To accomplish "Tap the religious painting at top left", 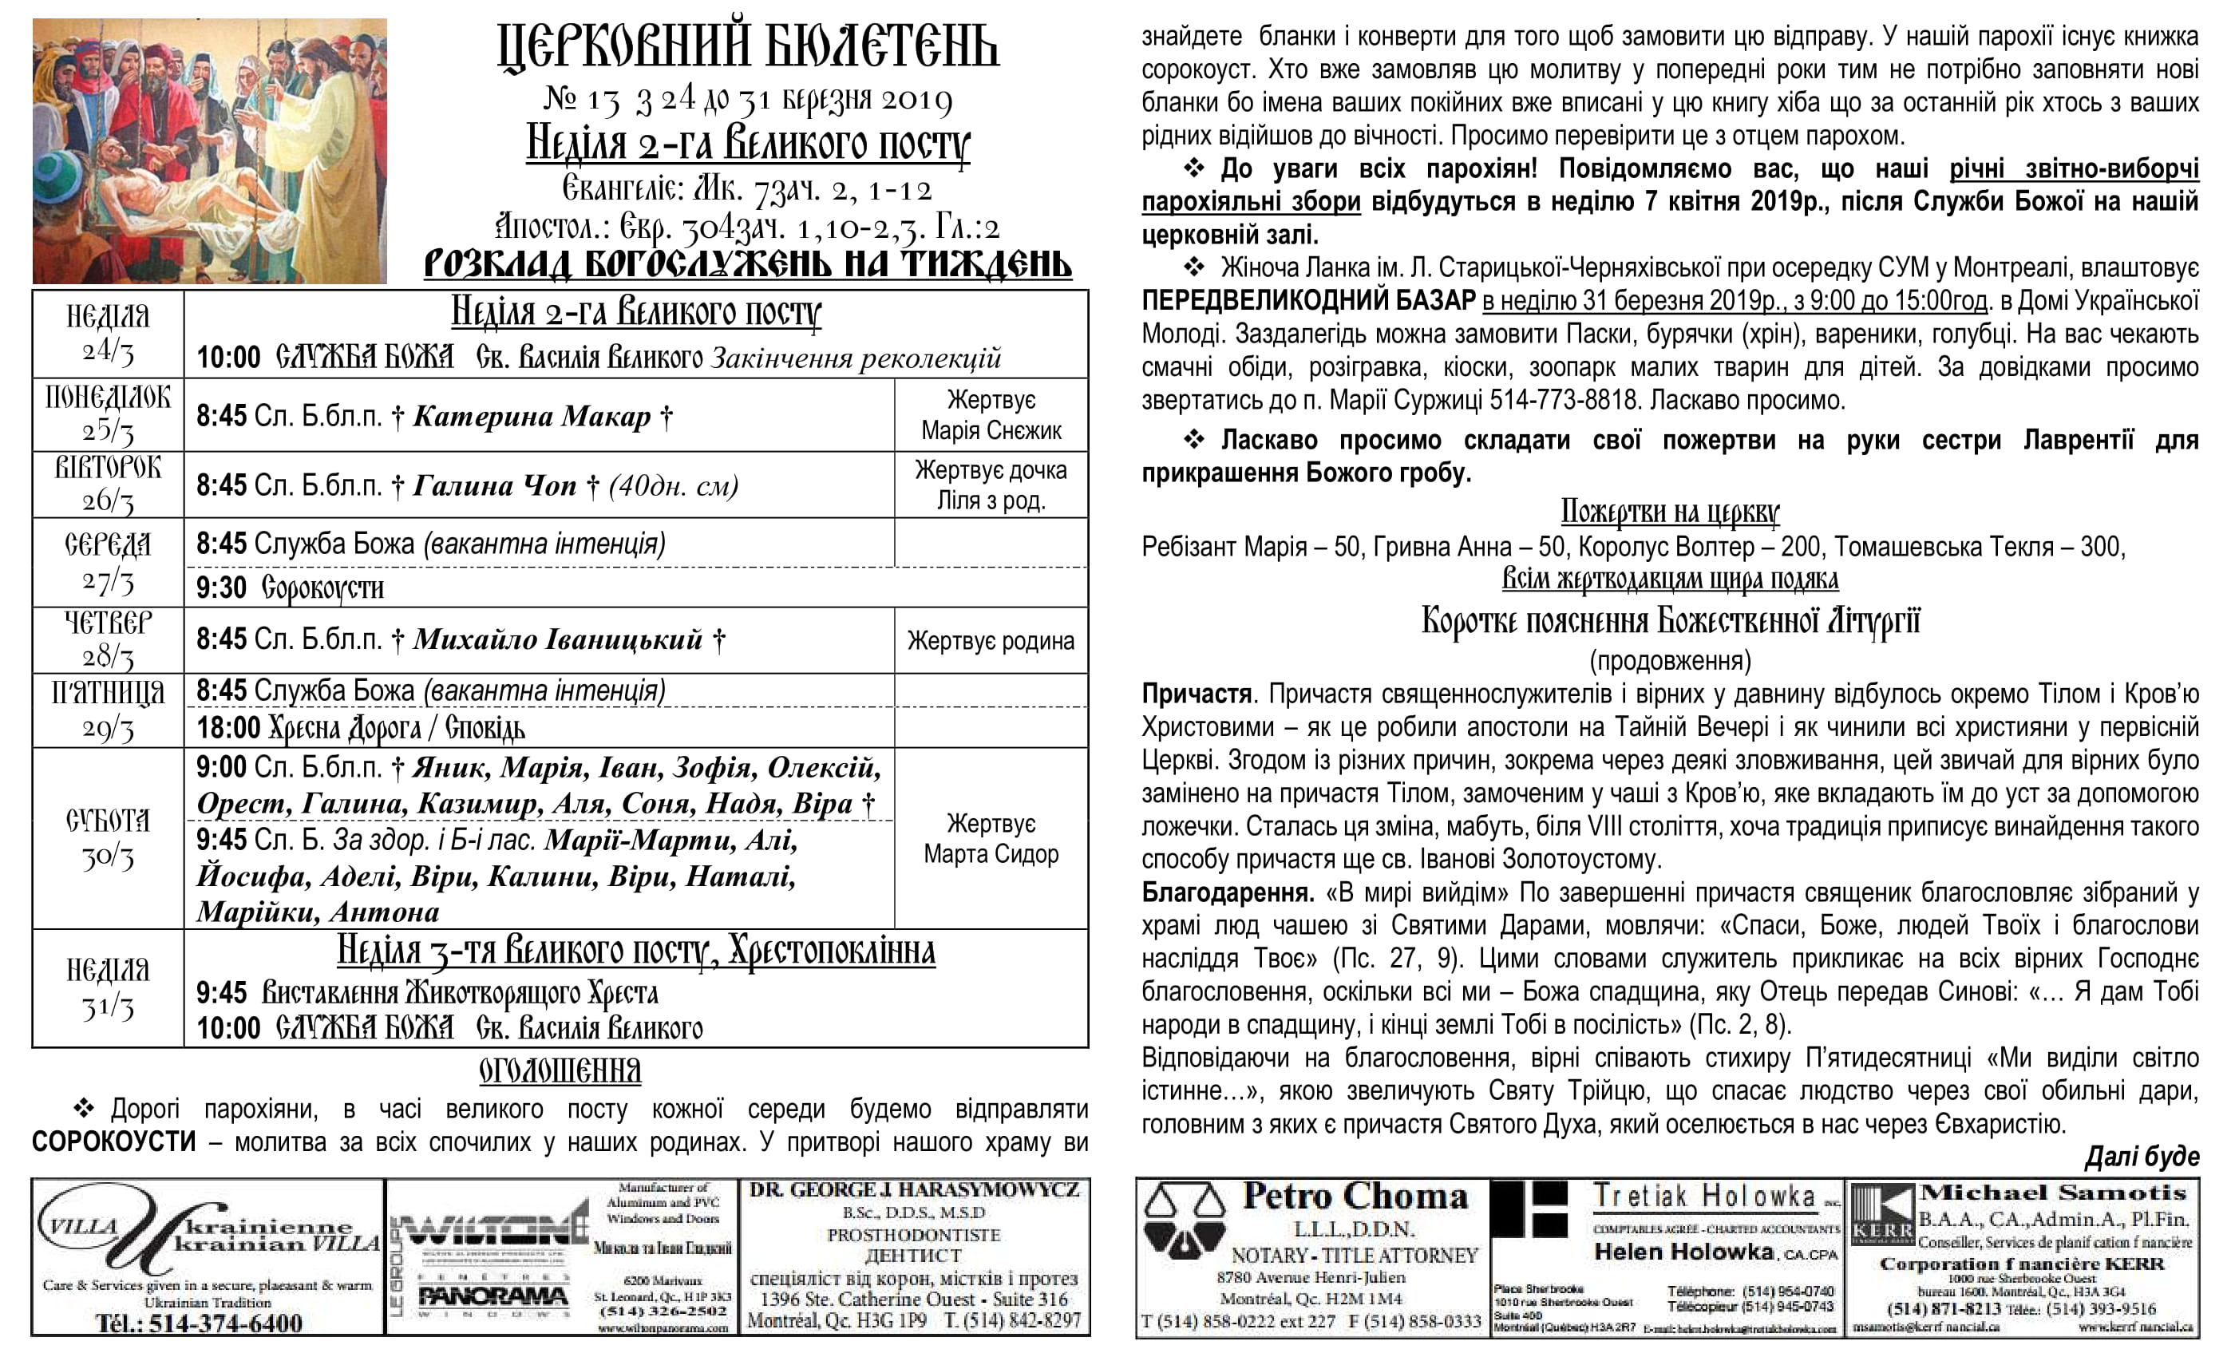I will point(209,151).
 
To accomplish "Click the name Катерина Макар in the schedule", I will point(532,417).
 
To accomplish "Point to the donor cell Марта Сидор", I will point(991,854).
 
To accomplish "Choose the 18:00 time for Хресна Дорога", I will point(228,727).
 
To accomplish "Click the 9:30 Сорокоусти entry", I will point(291,588).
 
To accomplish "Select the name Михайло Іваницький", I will point(558,639).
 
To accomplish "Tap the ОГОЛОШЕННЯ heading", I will point(560,1071).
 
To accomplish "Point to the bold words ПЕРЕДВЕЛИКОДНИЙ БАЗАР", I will point(1308,300).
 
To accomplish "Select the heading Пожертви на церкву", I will point(1669,512).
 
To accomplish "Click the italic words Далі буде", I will point(2142,1156).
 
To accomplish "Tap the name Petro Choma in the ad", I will point(1355,1197).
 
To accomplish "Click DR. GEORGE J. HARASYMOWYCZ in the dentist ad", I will point(913,1190).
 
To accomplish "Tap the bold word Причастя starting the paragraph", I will point(1197,694).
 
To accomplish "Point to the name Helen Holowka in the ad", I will point(1683,1252).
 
